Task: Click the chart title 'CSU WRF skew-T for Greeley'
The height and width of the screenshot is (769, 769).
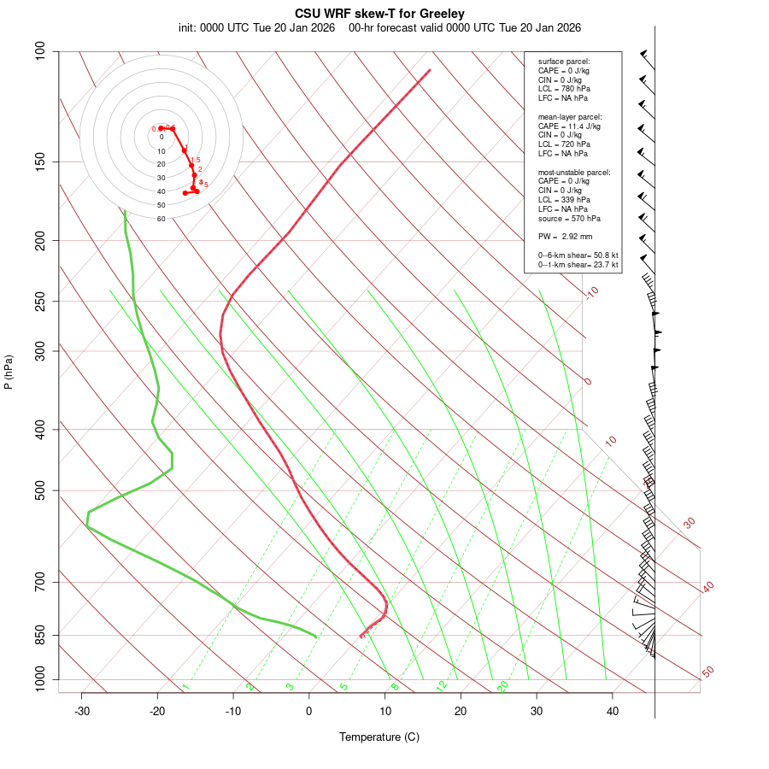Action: pos(379,14)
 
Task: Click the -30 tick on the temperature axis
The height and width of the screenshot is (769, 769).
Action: pos(81,711)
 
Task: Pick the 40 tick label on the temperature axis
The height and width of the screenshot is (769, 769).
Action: pos(613,711)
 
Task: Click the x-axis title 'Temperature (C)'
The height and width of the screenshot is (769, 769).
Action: pos(379,737)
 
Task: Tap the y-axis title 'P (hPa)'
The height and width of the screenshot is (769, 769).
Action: pos(9,372)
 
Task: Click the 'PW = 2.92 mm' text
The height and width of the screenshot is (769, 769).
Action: pos(565,237)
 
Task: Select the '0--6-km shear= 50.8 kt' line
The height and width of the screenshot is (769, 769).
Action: pos(578,255)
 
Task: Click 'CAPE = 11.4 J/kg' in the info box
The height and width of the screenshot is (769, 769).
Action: pos(569,126)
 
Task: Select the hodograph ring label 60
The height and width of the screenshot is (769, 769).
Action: pos(161,219)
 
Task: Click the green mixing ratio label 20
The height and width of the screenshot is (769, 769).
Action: pos(502,686)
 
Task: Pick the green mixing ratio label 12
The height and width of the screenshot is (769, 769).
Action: pos(441,686)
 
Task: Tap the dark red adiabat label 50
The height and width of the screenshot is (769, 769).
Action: pos(707,672)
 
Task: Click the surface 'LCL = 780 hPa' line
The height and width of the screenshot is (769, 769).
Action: pos(564,89)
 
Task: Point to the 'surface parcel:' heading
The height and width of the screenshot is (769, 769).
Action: pos(564,62)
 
